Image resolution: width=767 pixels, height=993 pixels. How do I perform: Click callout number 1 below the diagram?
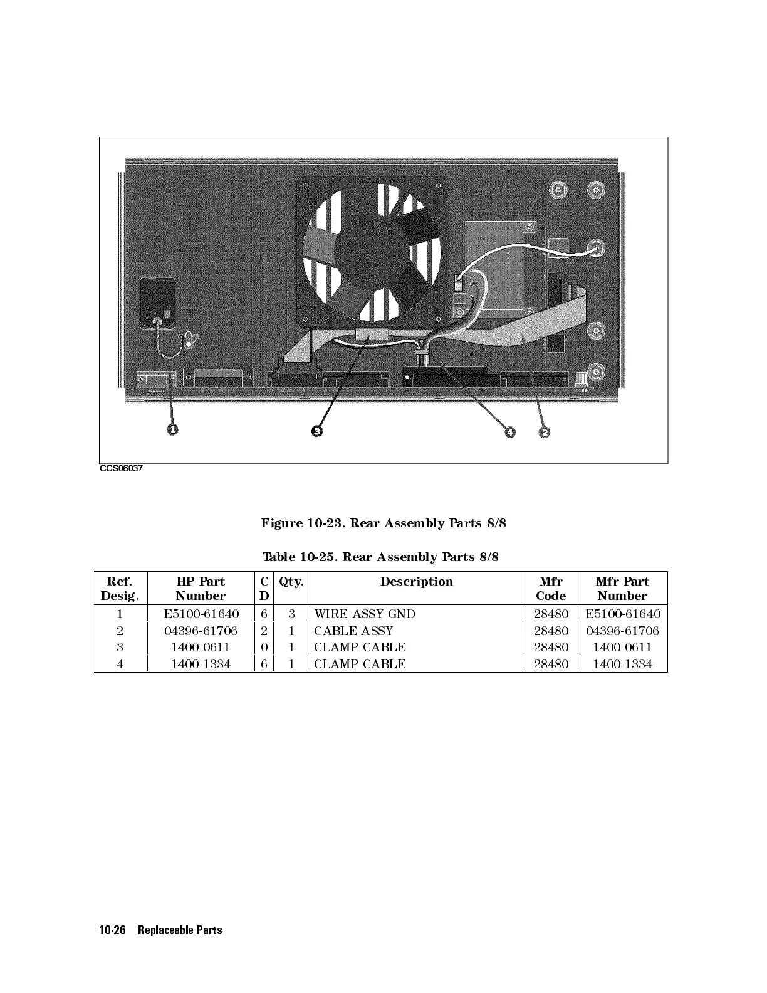172,429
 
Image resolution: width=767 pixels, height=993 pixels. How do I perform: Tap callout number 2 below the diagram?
545,432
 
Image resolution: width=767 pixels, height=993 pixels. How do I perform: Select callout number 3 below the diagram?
317,431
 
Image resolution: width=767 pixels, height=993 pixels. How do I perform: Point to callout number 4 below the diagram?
510,432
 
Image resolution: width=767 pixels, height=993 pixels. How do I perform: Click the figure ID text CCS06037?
117,468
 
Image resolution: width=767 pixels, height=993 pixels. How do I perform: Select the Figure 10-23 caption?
383,523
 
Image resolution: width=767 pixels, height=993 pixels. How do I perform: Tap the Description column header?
416,582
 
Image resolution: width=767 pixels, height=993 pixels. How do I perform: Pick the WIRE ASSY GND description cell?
364,614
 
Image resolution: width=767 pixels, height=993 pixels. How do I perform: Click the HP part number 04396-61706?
201,631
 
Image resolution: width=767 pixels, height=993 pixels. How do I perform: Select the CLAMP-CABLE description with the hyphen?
360,647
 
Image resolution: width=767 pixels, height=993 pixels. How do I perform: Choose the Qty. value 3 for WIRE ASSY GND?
291,614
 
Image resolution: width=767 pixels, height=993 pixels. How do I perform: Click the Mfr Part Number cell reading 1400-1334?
622,664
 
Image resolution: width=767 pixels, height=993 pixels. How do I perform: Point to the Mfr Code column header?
551,589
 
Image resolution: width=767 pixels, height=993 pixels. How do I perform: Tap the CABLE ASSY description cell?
353,631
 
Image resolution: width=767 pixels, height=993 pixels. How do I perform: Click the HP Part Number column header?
201,589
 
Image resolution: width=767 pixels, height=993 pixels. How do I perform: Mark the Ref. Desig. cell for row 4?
120,664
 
